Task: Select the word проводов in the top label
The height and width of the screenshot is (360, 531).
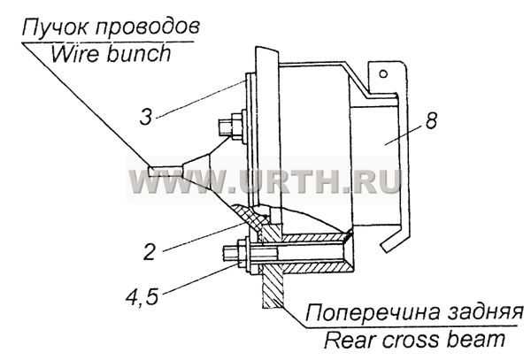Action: pos(147,28)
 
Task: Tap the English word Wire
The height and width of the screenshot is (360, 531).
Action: pos(75,53)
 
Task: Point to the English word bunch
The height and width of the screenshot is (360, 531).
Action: pos(139,53)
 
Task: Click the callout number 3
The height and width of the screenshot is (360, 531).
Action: pos(146,118)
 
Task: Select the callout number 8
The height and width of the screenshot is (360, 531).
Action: pos(432,120)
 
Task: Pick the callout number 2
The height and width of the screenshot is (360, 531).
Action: pos(150,252)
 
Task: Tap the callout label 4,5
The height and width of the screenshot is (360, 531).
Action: pos(142,296)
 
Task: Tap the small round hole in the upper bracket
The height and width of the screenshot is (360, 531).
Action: pos(383,73)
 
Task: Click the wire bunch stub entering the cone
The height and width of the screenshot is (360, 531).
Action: pos(166,172)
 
